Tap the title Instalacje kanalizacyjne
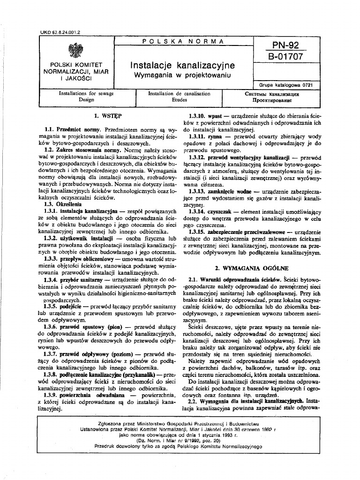pos(183,65)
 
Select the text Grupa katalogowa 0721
pos(286,85)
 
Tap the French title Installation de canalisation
pos(179,94)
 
